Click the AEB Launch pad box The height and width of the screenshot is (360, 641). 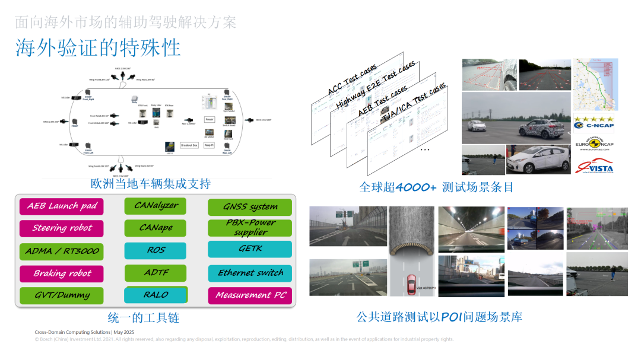[x=62, y=206]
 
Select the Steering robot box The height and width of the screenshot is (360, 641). [x=62, y=228]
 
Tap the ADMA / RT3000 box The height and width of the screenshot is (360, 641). [x=62, y=251]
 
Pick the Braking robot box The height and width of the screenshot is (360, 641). [x=62, y=273]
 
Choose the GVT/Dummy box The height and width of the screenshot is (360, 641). [x=62, y=295]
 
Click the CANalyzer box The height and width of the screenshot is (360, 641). [x=156, y=206]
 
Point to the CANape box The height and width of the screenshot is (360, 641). [x=156, y=228]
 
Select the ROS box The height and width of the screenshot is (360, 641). [x=156, y=250]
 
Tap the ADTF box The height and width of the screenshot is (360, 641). [x=156, y=273]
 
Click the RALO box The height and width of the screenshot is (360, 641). [x=156, y=295]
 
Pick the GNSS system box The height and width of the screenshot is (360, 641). [x=250, y=207]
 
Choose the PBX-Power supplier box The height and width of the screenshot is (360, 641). [x=250, y=228]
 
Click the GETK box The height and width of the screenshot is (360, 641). [x=250, y=249]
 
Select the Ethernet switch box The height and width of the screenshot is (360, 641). [x=250, y=273]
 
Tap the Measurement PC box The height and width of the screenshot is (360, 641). [x=250, y=295]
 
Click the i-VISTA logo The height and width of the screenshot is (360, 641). [x=594, y=167]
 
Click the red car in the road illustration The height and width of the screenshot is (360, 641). [x=410, y=284]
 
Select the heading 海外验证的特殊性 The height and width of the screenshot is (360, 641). [x=98, y=48]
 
